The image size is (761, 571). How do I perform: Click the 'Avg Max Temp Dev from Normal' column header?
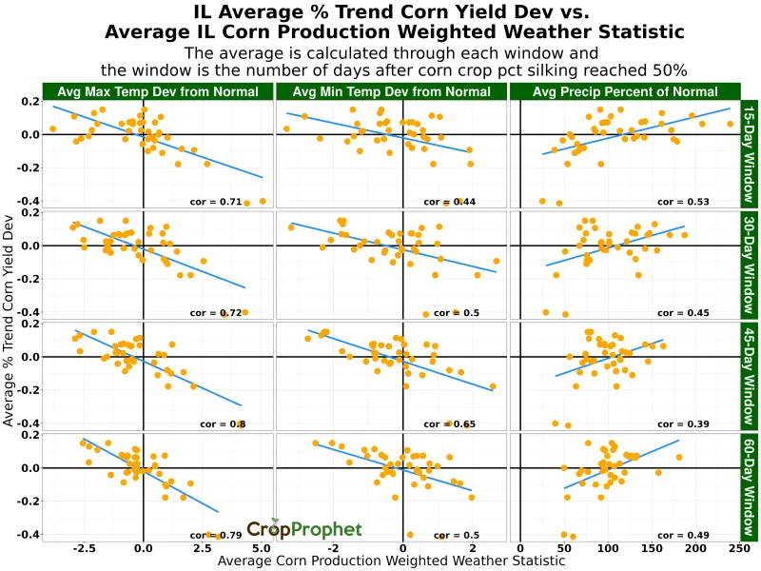[158, 91]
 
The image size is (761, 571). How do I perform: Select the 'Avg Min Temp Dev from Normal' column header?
[391, 91]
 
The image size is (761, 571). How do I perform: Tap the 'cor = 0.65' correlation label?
[450, 423]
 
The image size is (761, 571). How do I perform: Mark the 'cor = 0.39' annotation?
[683, 423]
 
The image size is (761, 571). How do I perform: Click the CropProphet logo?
[304, 529]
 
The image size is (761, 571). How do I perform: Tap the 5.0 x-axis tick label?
[263, 549]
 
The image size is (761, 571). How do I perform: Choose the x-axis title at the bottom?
[391, 561]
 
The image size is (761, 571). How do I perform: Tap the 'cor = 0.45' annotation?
[683, 312]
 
